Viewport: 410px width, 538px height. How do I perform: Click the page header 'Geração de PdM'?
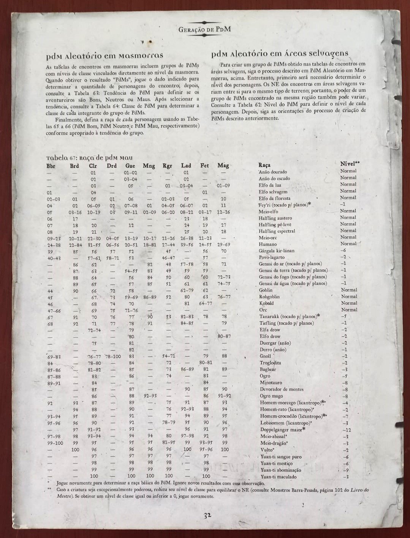[x=205, y=29]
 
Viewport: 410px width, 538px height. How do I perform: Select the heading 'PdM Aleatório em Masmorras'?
[x=104, y=56]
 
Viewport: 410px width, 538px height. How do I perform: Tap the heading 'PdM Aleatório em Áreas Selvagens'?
[x=280, y=54]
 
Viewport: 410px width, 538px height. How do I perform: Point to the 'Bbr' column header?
[x=51, y=166]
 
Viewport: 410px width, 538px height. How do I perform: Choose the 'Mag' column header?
[x=223, y=165]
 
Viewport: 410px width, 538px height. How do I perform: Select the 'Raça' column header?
[x=264, y=165]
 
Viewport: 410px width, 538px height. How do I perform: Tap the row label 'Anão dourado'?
[x=273, y=172]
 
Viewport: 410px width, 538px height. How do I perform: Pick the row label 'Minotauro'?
[x=271, y=383]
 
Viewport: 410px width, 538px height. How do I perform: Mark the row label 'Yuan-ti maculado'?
[x=279, y=476]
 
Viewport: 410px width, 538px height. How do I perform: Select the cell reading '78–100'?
[x=113, y=356]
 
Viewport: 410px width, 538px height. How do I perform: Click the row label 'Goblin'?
[x=266, y=290]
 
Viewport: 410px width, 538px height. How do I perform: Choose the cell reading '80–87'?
[x=224, y=336]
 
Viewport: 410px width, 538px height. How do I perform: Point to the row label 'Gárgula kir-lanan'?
[x=277, y=251]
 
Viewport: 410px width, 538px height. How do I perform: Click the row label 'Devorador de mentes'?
[x=282, y=389]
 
